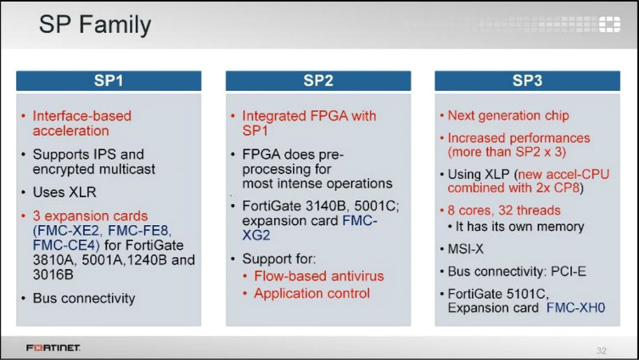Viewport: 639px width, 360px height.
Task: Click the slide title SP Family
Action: tap(95, 25)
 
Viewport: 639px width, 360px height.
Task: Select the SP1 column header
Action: tap(109, 81)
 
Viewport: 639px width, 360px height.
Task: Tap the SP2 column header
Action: tap(318, 81)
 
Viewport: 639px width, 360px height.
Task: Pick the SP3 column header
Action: tap(527, 81)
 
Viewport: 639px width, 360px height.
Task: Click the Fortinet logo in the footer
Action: tap(53, 348)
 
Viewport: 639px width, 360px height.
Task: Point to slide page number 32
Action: tap(601, 350)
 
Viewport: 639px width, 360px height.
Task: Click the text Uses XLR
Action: tap(65, 192)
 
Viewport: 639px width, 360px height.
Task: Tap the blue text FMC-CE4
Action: tap(65, 246)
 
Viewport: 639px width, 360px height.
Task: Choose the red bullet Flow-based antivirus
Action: tap(319, 276)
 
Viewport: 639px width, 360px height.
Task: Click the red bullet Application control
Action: tap(312, 294)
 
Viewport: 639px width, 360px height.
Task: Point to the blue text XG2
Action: tap(256, 235)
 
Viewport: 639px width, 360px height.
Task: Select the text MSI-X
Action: tap(466, 249)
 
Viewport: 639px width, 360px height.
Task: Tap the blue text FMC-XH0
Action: tap(575, 308)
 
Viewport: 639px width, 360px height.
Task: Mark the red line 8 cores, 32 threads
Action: tap(504, 211)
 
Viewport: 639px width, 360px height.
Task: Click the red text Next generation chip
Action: tap(508, 116)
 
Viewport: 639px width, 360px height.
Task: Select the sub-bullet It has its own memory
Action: tap(520, 227)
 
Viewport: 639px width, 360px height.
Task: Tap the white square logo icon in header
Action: tap(609, 25)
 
